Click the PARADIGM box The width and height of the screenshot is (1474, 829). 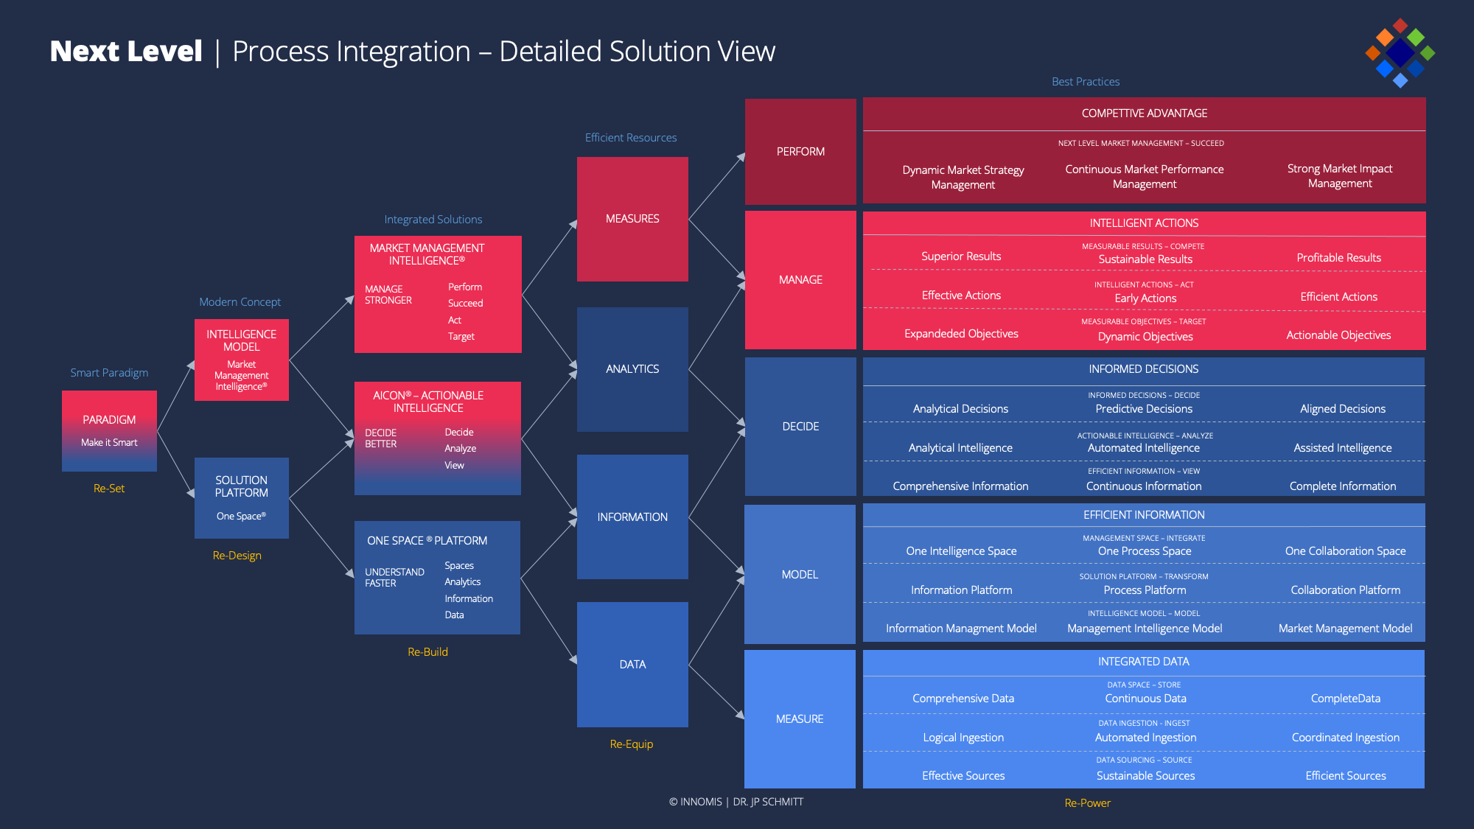click(x=109, y=430)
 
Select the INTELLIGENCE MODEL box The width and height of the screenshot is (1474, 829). click(x=241, y=360)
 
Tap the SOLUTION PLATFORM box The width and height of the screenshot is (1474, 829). click(x=241, y=497)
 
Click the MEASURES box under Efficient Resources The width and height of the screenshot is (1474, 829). click(x=632, y=219)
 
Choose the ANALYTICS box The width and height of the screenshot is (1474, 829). click(x=632, y=369)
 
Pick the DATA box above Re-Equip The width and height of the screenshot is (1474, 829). click(x=632, y=664)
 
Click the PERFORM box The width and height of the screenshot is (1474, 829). click(x=800, y=152)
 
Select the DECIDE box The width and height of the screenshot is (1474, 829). click(x=800, y=427)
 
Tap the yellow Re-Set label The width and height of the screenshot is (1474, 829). click(x=109, y=489)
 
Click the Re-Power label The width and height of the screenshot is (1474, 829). click(x=1087, y=803)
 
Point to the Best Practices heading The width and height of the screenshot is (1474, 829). click(x=1086, y=82)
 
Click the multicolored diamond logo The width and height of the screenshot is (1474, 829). click(x=1399, y=53)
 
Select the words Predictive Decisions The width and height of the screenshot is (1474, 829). click(x=1144, y=409)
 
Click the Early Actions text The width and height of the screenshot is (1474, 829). click(x=1145, y=298)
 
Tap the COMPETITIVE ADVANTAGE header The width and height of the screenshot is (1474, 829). click(x=1144, y=113)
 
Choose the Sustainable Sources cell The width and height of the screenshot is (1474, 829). click(x=1145, y=776)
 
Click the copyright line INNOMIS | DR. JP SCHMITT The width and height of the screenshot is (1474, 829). click(x=736, y=802)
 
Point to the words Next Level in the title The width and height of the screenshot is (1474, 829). click(x=126, y=52)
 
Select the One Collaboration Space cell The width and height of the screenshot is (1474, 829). click(x=1345, y=551)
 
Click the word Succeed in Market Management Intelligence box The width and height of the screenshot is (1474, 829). click(x=466, y=304)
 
